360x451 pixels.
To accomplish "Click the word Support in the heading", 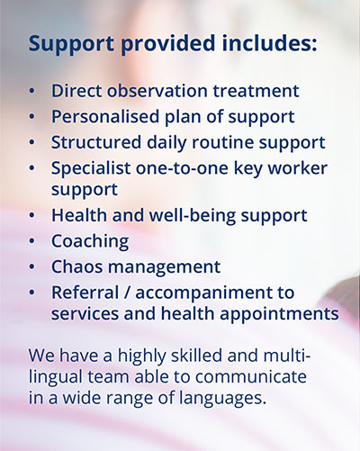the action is point(71,44).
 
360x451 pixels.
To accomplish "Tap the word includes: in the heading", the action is point(269,42).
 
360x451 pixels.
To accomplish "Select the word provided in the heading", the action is point(168,44).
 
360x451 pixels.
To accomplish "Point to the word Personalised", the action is point(105,116).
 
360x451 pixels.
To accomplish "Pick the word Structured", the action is point(96,142).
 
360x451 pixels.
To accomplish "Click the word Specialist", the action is point(91,168).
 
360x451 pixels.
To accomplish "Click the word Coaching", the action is point(90,241).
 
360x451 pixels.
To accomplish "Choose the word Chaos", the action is point(77,266).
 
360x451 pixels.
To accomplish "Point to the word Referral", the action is point(85,293).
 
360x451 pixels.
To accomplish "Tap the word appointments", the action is point(279,314).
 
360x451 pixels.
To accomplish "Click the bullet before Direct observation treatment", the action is point(32,91).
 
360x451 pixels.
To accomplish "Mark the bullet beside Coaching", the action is point(32,241).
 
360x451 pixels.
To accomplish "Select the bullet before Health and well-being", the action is point(32,215).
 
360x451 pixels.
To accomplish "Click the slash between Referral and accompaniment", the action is point(127,293).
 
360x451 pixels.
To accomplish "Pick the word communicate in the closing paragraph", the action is point(251,376).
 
